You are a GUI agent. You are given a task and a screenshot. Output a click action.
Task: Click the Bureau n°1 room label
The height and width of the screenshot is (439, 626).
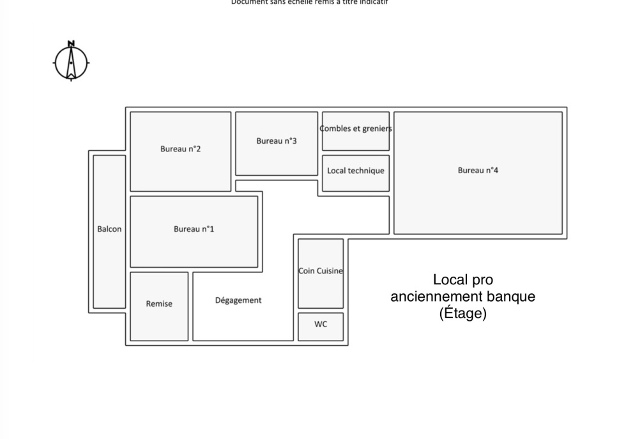(194, 229)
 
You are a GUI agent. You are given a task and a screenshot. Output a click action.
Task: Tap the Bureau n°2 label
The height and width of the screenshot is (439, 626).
(181, 149)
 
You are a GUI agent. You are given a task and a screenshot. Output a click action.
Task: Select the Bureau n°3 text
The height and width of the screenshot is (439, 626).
(277, 141)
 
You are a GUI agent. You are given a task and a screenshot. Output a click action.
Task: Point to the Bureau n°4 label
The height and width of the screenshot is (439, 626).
(478, 170)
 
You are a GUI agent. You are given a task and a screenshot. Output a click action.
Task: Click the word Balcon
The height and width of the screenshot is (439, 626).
(109, 229)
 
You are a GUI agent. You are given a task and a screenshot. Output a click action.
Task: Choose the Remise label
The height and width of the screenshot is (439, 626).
(159, 304)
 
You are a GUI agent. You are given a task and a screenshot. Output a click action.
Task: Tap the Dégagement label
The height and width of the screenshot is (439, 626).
(238, 300)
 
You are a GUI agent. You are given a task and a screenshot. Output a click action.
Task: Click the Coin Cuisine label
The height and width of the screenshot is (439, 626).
(321, 271)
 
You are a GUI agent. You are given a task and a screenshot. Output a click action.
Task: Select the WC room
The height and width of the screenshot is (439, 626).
(321, 325)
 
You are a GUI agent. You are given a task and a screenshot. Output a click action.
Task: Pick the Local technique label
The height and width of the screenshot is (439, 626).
(356, 171)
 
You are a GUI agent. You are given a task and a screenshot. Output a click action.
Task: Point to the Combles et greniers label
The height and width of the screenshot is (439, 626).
(356, 128)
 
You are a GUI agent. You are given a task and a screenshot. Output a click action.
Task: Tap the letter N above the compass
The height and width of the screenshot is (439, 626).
(71, 43)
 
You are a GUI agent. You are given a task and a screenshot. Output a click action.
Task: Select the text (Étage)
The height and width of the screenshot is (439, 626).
(463, 313)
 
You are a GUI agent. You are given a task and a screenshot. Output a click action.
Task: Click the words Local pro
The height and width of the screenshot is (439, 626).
(463, 280)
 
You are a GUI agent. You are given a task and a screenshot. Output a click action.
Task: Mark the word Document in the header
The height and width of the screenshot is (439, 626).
(247, 2)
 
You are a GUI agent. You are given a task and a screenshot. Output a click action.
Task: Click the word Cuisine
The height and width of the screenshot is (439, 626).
(330, 271)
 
